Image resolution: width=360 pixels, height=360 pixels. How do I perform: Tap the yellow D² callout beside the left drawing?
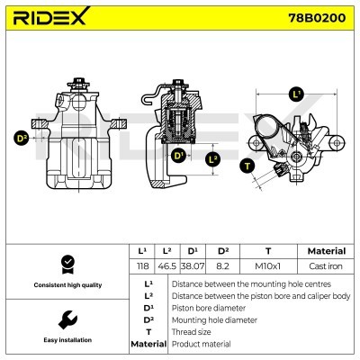[x=22, y=138]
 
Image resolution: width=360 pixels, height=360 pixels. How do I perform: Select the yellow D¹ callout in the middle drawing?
[x=178, y=155]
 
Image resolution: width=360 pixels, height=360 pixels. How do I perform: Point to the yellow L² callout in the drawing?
[x=212, y=159]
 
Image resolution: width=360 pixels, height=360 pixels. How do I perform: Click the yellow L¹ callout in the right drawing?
[x=297, y=94]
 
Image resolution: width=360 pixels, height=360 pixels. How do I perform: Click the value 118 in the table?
[x=140, y=266]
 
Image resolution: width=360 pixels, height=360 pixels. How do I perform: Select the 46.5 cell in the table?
[x=166, y=266]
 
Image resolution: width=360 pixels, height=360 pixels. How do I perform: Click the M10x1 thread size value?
[x=268, y=266]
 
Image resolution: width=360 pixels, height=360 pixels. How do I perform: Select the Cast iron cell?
[x=326, y=266]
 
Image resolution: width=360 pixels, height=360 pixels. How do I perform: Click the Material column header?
[x=326, y=251]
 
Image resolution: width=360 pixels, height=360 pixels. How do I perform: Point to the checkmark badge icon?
[x=66, y=264]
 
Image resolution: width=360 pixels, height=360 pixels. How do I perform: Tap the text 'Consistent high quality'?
[x=66, y=285]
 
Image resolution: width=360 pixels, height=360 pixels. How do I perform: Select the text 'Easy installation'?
[x=66, y=340]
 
